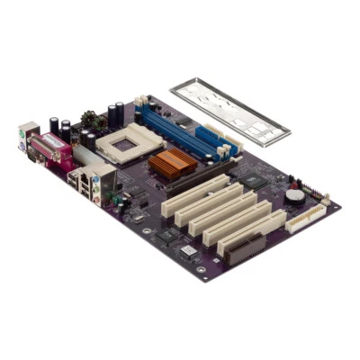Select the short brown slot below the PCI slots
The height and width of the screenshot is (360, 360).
pos(247,248)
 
